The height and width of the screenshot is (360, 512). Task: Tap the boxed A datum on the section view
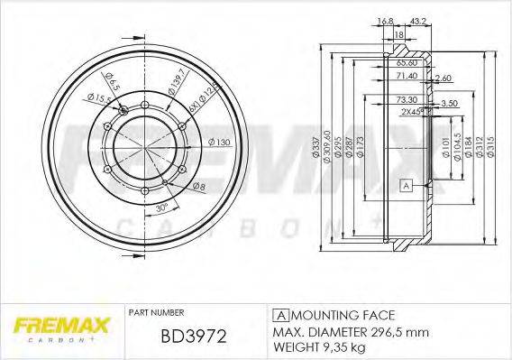[x=406, y=186]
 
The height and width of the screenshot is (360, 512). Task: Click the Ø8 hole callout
[x=197, y=187]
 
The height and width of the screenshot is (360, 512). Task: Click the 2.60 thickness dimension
[x=443, y=78]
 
